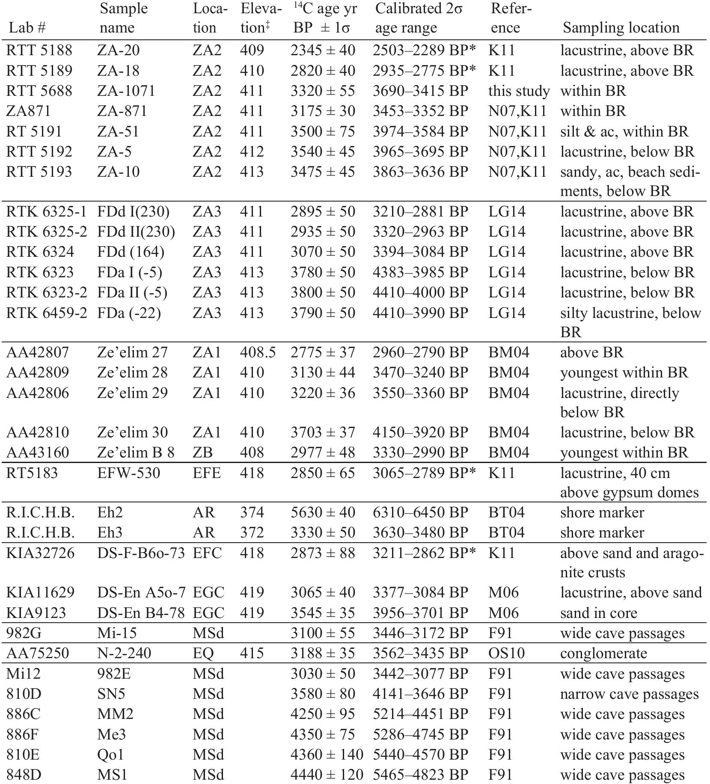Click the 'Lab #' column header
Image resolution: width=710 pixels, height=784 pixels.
point(27,28)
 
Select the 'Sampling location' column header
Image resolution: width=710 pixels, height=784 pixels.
point(621,28)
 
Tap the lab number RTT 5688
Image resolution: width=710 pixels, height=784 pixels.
point(39,91)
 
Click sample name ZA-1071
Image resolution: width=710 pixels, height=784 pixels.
point(126,91)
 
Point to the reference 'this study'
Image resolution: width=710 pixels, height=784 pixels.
point(519,91)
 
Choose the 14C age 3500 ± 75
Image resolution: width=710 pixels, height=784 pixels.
point(323,131)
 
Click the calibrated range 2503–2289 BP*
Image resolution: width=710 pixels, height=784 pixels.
point(424,50)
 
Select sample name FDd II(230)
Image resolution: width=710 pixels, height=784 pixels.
point(136,232)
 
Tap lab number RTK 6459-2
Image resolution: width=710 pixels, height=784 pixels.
point(46,313)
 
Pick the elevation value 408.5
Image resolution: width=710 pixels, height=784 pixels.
point(258,353)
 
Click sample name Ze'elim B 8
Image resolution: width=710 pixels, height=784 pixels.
point(136,453)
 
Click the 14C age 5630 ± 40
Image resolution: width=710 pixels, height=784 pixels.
point(323,513)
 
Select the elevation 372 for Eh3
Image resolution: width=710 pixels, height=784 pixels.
point(252,533)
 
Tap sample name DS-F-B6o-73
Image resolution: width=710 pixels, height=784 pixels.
point(141,553)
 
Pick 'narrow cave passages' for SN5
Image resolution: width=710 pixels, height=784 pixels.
point(629,694)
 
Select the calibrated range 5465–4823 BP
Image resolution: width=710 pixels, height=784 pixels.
point(420,775)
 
